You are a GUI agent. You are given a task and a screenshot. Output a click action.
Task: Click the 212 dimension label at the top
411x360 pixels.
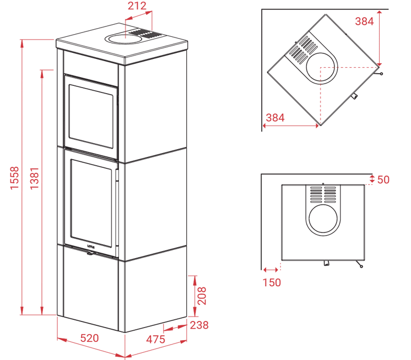(137, 6)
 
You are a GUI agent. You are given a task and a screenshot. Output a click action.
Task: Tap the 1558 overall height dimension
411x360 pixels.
(14, 178)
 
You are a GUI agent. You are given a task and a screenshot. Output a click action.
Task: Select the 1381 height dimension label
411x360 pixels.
(34, 178)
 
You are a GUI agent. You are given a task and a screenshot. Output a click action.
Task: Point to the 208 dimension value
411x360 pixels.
(202, 296)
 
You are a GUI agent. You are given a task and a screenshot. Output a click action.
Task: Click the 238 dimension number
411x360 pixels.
(199, 325)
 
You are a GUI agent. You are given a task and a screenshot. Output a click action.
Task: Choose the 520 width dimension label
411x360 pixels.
(89, 338)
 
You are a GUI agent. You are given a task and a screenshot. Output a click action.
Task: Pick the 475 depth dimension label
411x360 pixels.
(156, 339)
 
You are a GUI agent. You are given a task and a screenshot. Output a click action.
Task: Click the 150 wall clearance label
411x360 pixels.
(272, 282)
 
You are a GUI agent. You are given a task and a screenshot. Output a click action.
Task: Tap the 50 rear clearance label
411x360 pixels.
(383, 179)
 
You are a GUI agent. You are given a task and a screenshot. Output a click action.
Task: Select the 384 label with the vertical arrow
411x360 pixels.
(364, 21)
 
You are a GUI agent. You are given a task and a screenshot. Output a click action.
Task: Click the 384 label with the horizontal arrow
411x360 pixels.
(275, 118)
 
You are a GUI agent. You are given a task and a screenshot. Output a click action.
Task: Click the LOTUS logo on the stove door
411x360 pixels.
(91, 247)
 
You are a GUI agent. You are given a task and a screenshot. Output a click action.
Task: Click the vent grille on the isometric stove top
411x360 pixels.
(145, 34)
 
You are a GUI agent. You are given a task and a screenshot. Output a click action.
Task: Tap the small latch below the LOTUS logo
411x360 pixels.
(90, 253)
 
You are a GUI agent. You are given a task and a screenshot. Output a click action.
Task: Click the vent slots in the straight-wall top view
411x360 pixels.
(323, 194)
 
